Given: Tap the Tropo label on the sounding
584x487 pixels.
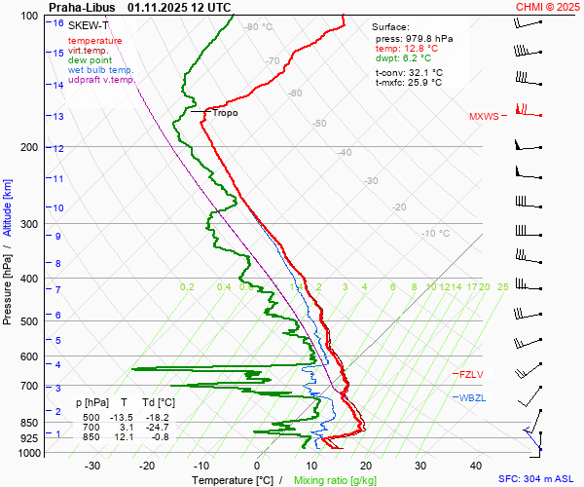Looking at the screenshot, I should click(225, 113).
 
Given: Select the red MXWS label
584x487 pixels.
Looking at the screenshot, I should click(484, 117).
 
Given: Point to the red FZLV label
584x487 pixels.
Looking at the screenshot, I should click(471, 374).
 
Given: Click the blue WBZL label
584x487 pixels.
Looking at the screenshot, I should click(472, 397).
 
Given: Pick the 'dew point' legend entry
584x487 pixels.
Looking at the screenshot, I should click(90, 60).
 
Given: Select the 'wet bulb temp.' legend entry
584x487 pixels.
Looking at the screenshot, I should click(100, 70).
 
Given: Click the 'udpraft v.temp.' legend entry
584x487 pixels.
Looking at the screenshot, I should click(101, 80).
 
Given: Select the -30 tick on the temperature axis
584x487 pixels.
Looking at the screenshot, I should click(92, 466).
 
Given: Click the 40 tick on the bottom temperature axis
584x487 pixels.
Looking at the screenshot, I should click(477, 466).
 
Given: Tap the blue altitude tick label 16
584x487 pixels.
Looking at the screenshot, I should click(59, 22).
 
